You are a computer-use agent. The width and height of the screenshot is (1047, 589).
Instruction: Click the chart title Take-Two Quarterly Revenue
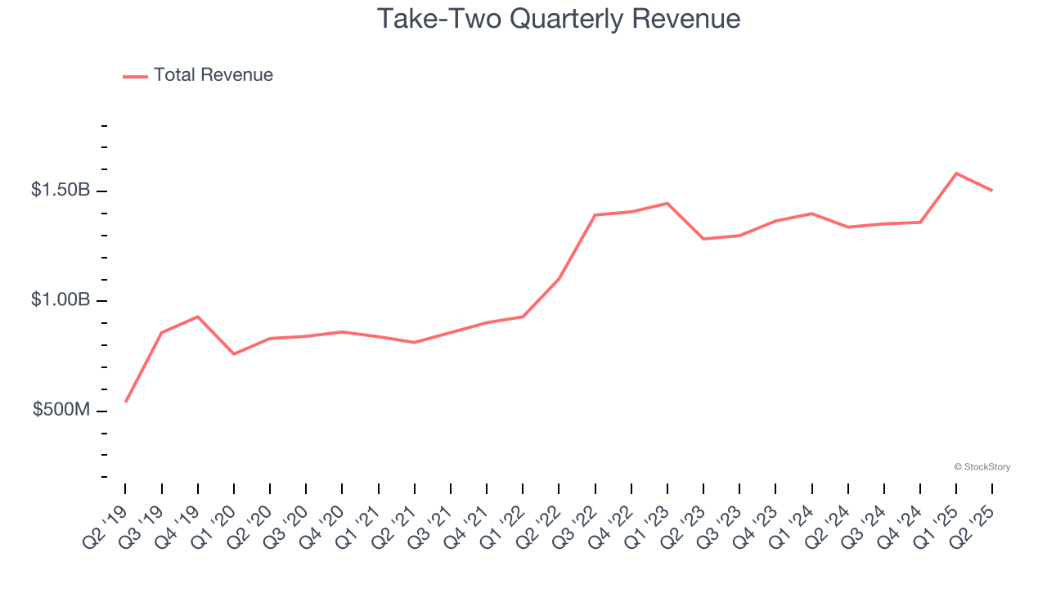[x=559, y=19]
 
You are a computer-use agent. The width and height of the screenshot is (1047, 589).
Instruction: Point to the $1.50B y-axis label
[x=61, y=190]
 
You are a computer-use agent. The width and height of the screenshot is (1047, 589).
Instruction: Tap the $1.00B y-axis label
[x=61, y=300]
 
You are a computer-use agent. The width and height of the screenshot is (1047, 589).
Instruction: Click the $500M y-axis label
[x=61, y=410]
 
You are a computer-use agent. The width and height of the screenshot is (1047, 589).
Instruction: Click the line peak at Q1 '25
[x=956, y=173]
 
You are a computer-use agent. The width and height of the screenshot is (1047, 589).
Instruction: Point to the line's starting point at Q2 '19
[x=126, y=402]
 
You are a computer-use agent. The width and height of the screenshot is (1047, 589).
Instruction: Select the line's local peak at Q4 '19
[x=198, y=317]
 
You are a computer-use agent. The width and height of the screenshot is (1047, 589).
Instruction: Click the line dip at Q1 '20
[x=234, y=354]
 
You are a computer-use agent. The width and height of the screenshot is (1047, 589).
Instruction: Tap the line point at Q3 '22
[x=595, y=215]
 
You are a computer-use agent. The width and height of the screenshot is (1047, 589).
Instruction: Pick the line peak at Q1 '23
[x=667, y=203]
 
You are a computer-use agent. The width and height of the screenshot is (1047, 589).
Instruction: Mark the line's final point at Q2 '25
[x=992, y=191]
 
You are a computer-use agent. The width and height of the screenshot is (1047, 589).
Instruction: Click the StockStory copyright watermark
[x=982, y=467]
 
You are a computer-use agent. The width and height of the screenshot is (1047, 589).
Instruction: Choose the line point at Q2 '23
[x=703, y=239]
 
